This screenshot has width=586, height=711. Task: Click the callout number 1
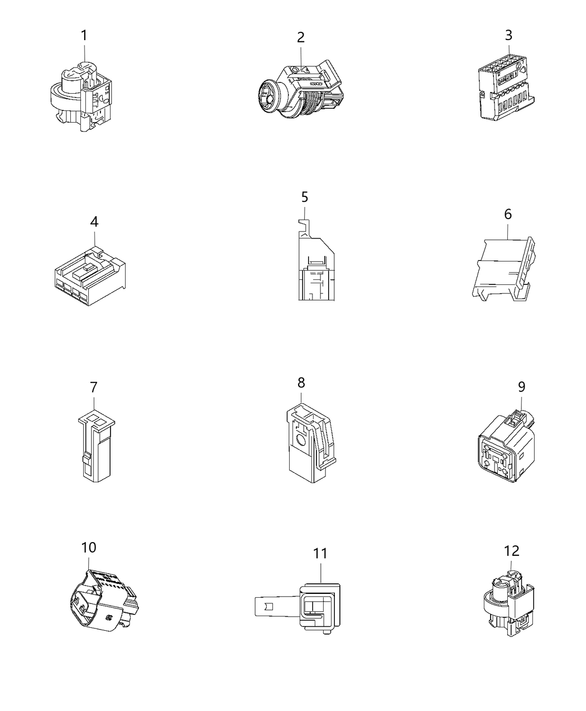(84, 36)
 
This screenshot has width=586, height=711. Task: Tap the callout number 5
(304, 197)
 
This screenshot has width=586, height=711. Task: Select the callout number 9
(522, 386)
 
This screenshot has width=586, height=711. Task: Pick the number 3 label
(508, 35)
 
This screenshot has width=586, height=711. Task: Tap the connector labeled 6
(503, 269)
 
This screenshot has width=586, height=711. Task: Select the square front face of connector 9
(495, 458)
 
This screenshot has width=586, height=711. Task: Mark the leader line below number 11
(321, 573)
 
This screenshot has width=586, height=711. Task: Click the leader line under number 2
(301, 59)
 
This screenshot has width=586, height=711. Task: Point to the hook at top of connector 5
(304, 227)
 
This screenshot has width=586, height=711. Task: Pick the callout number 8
(301, 383)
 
